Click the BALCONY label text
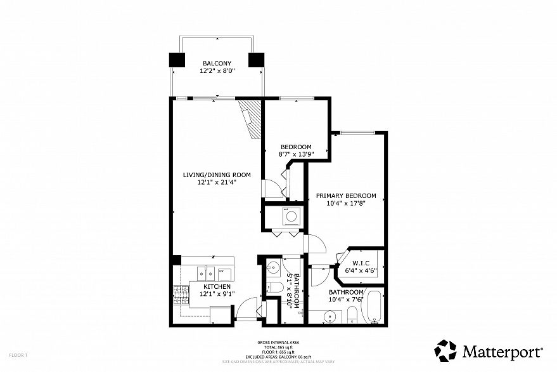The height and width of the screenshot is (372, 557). click(x=216, y=63)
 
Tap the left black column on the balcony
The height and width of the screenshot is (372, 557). click(x=176, y=60)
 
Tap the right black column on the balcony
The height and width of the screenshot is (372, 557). click(x=256, y=60)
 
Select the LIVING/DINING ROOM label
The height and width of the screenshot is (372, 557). click(x=217, y=175)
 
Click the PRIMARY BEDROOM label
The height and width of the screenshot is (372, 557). click(x=346, y=196)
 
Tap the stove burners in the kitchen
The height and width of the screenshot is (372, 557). click(x=181, y=293)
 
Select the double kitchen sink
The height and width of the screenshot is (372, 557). click(x=204, y=273)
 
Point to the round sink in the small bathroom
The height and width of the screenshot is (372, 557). click(x=273, y=267)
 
